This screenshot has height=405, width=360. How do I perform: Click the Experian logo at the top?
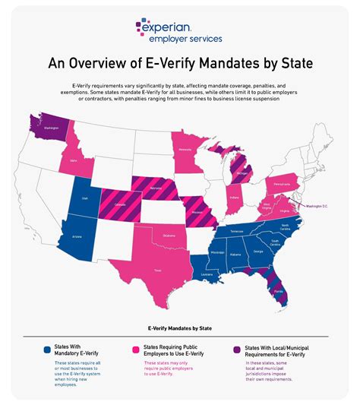(x=179, y=30)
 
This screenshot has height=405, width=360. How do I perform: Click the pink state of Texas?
(x=157, y=265)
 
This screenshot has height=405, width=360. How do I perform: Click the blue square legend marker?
(x=48, y=350)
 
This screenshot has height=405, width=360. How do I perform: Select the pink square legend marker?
(x=136, y=350)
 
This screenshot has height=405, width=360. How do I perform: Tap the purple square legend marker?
(x=238, y=350)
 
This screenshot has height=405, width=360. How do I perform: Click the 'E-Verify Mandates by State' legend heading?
(x=179, y=329)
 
